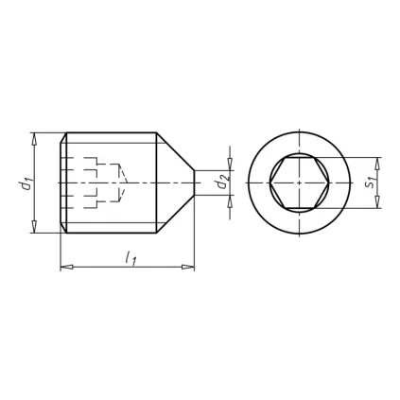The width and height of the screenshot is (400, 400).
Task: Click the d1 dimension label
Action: point(27,182)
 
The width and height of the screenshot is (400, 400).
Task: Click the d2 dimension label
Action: point(221,182)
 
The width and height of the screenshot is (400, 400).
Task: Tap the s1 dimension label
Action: point(370,182)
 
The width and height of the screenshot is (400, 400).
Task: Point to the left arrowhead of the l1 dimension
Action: point(65,268)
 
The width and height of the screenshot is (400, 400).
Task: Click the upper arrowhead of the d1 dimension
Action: point(34,138)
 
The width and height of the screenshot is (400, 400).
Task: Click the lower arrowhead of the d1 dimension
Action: point(34,227)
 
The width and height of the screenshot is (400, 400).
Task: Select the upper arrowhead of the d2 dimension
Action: point(227,165)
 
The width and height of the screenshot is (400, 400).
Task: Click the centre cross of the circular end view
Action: point(299,183)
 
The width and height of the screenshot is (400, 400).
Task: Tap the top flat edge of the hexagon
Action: point(299,157)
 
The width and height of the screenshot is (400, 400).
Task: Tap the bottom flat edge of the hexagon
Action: point(299,208)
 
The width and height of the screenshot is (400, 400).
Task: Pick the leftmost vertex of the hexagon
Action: point(270,183)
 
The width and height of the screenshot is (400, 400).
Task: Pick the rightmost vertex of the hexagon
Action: point(328,183)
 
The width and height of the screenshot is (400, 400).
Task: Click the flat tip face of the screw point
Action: point(195,183)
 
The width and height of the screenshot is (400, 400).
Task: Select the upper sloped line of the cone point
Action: point(176,151)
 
